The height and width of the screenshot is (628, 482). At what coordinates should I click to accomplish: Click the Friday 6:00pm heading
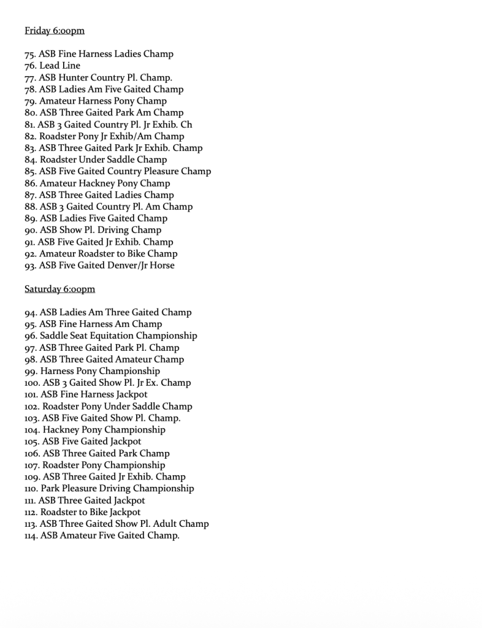[x=55, y=31]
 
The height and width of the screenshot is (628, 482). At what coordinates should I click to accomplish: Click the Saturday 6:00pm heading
[x=59, y=289]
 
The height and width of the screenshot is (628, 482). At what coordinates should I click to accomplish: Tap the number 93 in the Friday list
[x=30, y=266]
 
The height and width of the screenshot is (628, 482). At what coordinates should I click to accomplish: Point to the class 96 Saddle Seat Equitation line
[x=111, y=336]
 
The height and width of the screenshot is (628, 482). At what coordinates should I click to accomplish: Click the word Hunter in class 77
[x=74, y=78]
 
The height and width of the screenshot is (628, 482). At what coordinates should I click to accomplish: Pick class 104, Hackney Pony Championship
[x=95, y=430]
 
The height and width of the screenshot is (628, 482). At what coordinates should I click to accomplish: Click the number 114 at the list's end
[x=32, y=536]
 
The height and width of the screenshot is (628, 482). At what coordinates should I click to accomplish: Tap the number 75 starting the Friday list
[x=30, y=54]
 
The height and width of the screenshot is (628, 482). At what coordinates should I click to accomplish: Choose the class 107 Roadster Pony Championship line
[x=95, y=465]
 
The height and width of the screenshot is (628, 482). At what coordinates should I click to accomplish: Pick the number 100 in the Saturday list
[x=33, y=383]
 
